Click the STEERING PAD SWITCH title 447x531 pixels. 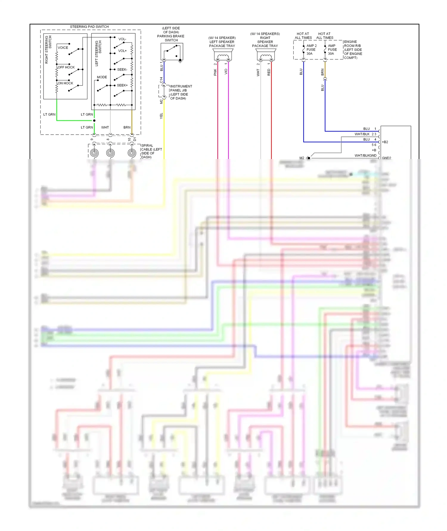(x=89, y=27)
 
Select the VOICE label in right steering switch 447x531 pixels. (x=63, y=48)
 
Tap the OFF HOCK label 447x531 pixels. (x=66, y=67)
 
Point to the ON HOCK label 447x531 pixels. (x=65, y=83)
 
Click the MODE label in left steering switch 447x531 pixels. (x=102, y=77)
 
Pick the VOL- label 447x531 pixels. (x=122, y=39)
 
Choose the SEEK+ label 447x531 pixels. (x=122, y=85)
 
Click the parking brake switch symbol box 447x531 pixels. (x=172, y=52)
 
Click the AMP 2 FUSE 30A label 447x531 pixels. (x=311, y=50)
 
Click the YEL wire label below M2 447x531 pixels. (x=162, y=116)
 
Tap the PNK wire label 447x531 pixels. (x=215, y=72)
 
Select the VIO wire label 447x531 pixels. (x=226, y=72)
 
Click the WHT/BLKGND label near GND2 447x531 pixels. (x=365, y=155)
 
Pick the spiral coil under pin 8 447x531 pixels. (x=110, y=153)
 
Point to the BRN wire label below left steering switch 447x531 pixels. (x=127, y=127)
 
